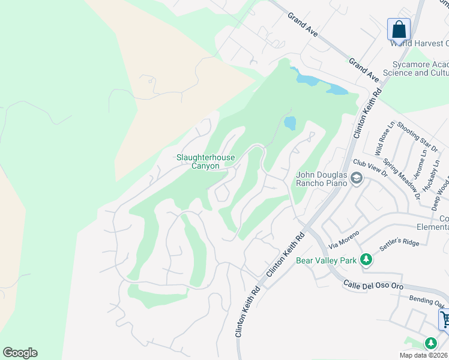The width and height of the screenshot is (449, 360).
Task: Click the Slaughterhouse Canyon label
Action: tap(205, 161)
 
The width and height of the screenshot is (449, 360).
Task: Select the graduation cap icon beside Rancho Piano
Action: tap(357, 178)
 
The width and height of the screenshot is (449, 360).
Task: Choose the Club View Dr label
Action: tap(370, 167)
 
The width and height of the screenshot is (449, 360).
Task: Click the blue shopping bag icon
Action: tap(399, 29)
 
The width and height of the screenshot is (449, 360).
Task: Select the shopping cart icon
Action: tap(445, 319)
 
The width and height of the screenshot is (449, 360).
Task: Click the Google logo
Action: tap(20, 353)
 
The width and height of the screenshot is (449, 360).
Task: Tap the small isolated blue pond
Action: tap(291, 124)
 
